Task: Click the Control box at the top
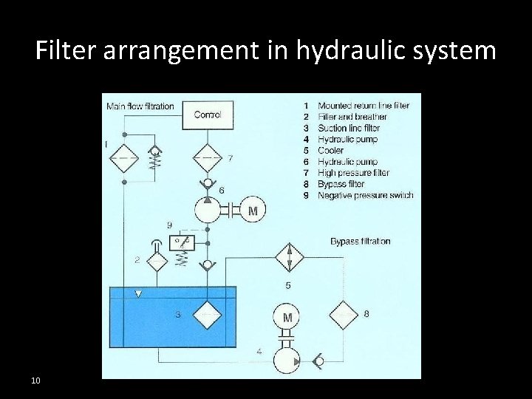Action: [207, 115]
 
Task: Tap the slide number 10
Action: [35, 381]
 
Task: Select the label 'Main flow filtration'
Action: [140, 106]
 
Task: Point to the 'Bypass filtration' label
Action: [361, 242]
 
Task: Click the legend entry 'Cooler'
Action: [330, 151]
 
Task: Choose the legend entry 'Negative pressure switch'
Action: [365, 195]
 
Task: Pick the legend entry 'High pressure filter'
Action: [353, 173]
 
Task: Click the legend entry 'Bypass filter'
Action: [341, 184]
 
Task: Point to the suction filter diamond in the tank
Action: [208, 314]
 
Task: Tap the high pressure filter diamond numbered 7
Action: [208, 158]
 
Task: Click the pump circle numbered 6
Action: [208, 210]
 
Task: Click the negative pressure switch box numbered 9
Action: [182, 242]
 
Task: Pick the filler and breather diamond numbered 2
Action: [157, 261]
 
